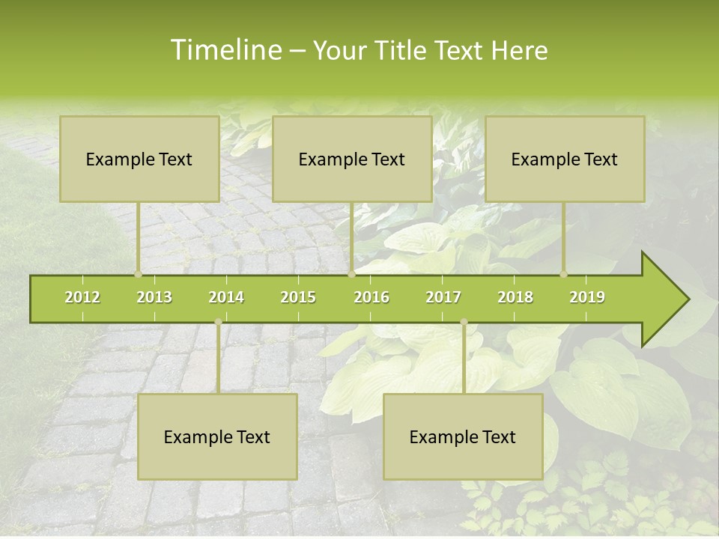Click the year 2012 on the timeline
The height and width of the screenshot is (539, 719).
(82, 297)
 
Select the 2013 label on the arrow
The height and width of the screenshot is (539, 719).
(154, 297)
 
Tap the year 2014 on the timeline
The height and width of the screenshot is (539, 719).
(226, 297)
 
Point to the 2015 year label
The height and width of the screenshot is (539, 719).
(298, 297)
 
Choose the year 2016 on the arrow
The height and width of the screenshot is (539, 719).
(371, 297)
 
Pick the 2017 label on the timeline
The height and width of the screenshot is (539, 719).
(443, 297)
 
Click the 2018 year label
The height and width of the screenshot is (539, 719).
(515, 297)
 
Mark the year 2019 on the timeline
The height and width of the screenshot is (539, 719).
(587, 297)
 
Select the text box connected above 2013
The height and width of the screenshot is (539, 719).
(139, 159)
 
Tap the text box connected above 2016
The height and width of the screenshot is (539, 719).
(352, 159)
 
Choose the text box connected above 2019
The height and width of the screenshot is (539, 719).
(565, 159)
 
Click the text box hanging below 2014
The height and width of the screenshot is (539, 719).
(217, 436)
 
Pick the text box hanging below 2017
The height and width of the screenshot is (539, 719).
(463, 436)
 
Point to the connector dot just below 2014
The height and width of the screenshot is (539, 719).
(218, 322)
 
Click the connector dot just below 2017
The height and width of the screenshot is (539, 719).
(464, 322)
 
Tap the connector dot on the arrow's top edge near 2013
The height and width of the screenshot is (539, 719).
(139, 275)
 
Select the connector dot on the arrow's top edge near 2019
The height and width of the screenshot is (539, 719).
(564, 275)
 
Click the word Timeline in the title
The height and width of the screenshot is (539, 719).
(225, 50)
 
